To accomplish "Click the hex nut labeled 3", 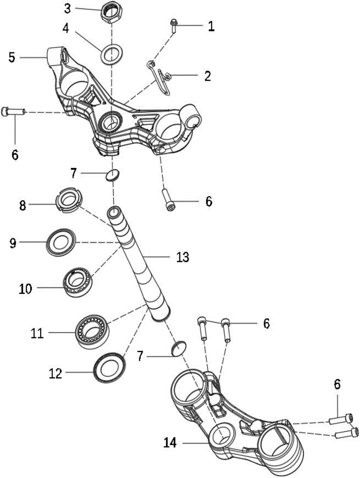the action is (x=112, y=13).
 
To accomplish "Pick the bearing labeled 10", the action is (x=77, y=282).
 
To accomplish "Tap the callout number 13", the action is (x=182, y=257).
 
